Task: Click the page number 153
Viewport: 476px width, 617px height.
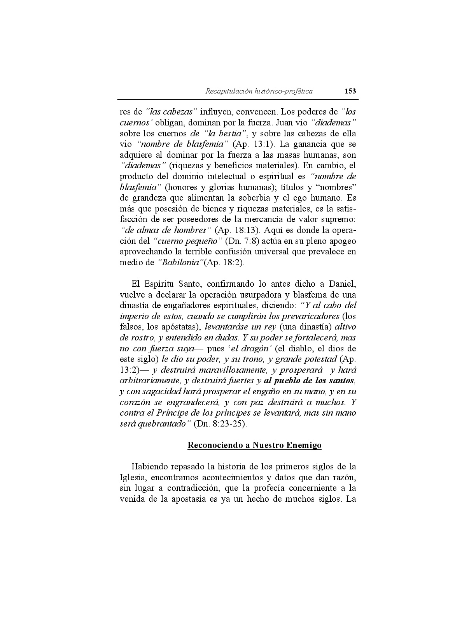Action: pyautogui.click(x=350, y=91)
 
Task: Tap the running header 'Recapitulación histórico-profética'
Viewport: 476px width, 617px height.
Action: pyautogui.click(x=259, y=92)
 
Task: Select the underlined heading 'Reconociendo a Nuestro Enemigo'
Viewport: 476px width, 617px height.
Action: pyautogui.click(x=254, y=445)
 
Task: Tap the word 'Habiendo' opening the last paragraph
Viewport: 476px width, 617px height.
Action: pyautogui.click(x=148, y=467)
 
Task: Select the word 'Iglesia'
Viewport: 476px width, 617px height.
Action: pyautogui.click(x=133, y=478)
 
